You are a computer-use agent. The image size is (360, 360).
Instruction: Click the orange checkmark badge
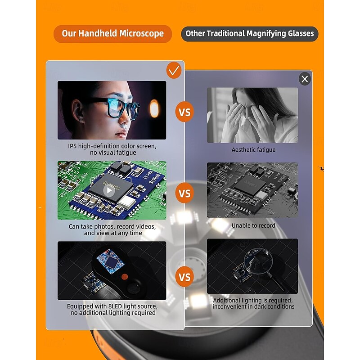174,70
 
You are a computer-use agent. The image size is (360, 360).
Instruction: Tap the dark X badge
305,79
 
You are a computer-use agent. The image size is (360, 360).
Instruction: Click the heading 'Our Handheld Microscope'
113,33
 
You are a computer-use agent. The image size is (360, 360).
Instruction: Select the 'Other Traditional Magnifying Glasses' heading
250,33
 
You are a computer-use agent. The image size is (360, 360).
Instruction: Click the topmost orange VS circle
184,112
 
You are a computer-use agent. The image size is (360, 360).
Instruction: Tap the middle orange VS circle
184,193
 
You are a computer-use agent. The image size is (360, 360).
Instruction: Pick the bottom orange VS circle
184,277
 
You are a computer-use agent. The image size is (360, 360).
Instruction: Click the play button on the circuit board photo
109,190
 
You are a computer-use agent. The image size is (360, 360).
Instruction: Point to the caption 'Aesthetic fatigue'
253,150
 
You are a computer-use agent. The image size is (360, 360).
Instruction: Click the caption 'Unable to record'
253,225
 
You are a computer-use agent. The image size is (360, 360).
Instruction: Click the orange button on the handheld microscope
125,276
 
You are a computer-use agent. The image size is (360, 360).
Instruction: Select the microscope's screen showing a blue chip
110,261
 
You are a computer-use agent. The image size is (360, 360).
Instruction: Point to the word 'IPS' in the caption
72,146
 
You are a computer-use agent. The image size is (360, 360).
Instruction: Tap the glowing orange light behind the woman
154,108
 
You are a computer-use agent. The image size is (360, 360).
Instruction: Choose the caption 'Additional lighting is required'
253,300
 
